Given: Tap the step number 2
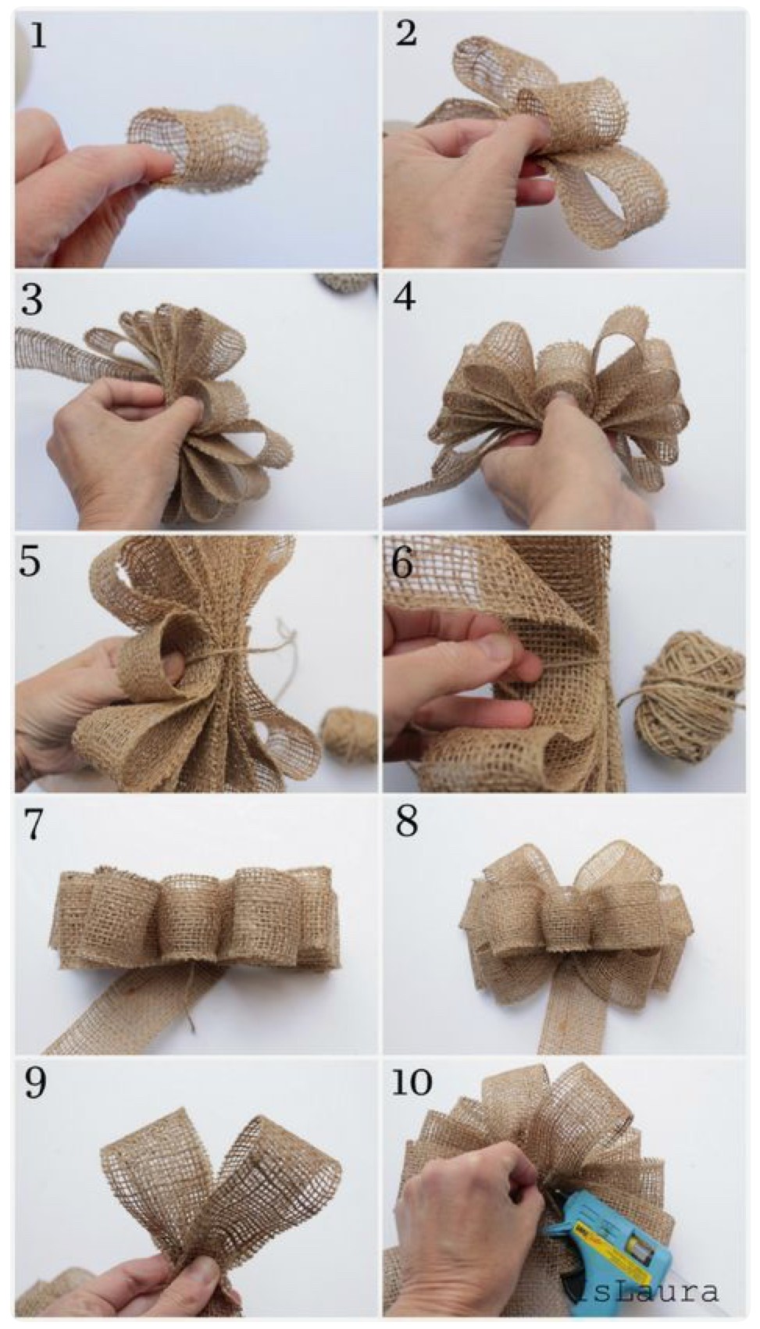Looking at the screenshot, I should [x=405, y=34].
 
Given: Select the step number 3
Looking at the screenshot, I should [x=32, y=300].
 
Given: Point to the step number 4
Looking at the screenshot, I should [x=405, y=298].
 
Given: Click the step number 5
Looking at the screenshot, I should [x=30, y=562].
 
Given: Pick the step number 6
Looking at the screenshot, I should [x=402, y=563].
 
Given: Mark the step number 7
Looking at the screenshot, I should [x=34, y=825].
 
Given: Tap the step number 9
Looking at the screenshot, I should [x=35, y=1084].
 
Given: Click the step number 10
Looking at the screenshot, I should [x=411, y=1083].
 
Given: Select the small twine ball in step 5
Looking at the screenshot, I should [x=349, y=734].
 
